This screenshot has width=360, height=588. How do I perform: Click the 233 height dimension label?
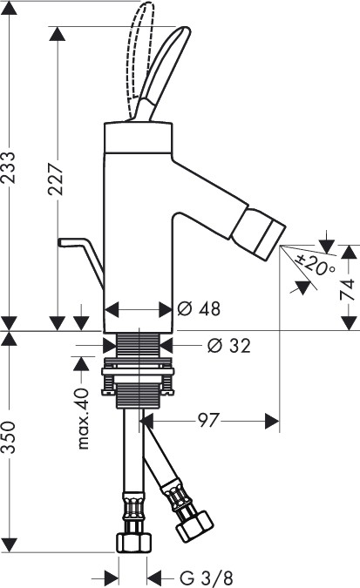tap(9, 167)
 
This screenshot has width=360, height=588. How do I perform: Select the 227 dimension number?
tap(56, 179)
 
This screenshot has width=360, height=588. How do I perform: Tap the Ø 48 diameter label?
tap(199, 308)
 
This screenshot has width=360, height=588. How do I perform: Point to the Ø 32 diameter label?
tap(229, 345)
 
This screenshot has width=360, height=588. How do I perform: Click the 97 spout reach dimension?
tap(207, 421)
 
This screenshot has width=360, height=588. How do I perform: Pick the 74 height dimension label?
tap(347, 289)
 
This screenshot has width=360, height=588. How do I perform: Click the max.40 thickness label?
tap(83, 418)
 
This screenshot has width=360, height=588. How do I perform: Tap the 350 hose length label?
tap(9, 437)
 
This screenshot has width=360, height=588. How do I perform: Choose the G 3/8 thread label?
tap(207, 578)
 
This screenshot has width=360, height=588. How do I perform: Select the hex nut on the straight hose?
tap(133, 542)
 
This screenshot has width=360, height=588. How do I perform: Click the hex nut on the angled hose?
tap(194, 526)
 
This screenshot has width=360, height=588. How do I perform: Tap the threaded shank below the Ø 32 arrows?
tap(139, 345)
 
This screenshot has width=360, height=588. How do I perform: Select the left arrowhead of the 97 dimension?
tap(148, 421)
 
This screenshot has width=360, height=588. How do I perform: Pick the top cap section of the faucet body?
tap(138, 138)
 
